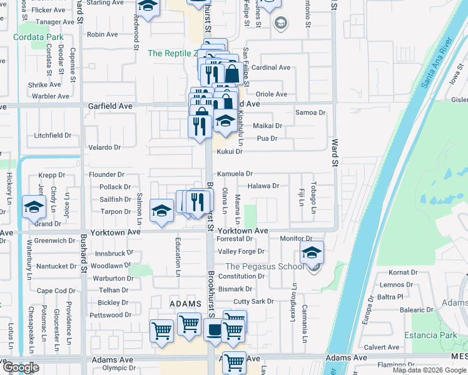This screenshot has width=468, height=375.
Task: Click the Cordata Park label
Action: (38, 37)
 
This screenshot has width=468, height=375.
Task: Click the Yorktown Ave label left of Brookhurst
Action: (117, 231)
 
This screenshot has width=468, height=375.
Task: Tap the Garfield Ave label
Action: (110, 106)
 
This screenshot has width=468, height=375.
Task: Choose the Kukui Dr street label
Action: (230, 151)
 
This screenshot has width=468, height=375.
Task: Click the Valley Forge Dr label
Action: (241, 251)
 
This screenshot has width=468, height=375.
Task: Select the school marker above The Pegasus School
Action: (312, 252)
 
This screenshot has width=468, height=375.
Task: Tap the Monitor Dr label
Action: (296, 239)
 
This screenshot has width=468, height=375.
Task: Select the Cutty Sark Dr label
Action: (253, 301)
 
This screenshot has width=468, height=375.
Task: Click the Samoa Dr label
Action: (310, 112)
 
